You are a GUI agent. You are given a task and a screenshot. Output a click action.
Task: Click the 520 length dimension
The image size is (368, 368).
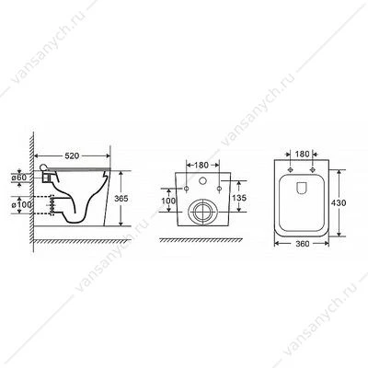pyautogui.click(x=72, y=155)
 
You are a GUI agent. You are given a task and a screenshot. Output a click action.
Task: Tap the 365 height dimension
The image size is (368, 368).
pyautogui.click(x=121, y=199)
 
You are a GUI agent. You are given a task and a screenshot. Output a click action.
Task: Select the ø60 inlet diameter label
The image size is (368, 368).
pyautogui.click(x=19, y=177)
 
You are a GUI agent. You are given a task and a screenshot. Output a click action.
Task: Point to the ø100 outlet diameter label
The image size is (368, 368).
pyautogui.click(x=22, y=204)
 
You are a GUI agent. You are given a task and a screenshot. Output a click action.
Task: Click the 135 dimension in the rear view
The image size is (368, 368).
pyautogui.click(x=239, y=198)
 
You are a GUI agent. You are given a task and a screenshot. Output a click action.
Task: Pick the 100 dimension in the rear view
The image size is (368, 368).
pyautogui.click(x=168, y=201)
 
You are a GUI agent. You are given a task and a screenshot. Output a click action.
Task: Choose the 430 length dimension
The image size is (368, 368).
pyautogui.click(x=339, y=202)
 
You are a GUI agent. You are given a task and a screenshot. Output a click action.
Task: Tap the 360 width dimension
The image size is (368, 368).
pyautogui.click(x=303, y=244)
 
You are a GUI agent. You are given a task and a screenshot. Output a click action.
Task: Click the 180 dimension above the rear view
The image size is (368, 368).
pyautogui.click(x=201, y=165)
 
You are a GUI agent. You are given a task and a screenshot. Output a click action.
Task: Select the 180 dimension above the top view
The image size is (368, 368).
pyautogui.click(x=303, y=154)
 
